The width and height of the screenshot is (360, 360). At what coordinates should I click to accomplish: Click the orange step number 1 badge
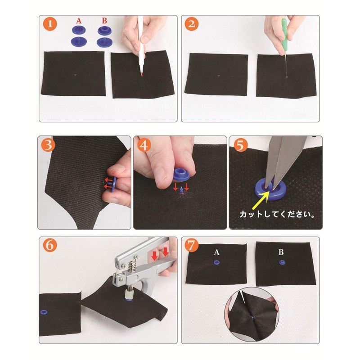coord(50,24)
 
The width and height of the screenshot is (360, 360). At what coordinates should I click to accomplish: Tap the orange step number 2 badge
coord(192,24)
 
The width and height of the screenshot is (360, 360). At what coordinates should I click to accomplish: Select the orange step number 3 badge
coord(48,145)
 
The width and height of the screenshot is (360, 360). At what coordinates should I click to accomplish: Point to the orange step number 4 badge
coord(144,145)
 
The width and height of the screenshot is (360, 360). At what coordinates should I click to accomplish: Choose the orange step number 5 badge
coord(240,145)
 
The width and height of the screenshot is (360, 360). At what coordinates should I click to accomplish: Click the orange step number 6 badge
coord(50,245)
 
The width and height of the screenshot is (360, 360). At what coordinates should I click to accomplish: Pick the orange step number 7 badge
coord(192,245)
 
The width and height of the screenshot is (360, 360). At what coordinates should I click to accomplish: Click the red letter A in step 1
coord(79,21)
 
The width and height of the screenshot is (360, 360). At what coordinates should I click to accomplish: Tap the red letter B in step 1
coord(104,21)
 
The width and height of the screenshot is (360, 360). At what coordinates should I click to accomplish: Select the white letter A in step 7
coord(216,252)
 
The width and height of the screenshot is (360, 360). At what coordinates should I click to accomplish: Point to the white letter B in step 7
coord(281,252)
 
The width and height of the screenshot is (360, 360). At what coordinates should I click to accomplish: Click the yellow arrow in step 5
coord(261,200)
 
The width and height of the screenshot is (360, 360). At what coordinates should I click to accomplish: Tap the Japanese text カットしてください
coord(277,214)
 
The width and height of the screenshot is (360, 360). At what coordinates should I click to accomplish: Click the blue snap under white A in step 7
coord(216,262)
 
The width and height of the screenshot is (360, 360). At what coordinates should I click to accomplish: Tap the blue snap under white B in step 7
coord(282,262)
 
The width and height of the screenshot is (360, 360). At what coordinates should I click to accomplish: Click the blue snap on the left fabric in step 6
coord(44,312)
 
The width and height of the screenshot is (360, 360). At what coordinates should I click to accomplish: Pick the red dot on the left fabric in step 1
coord(76,75)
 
